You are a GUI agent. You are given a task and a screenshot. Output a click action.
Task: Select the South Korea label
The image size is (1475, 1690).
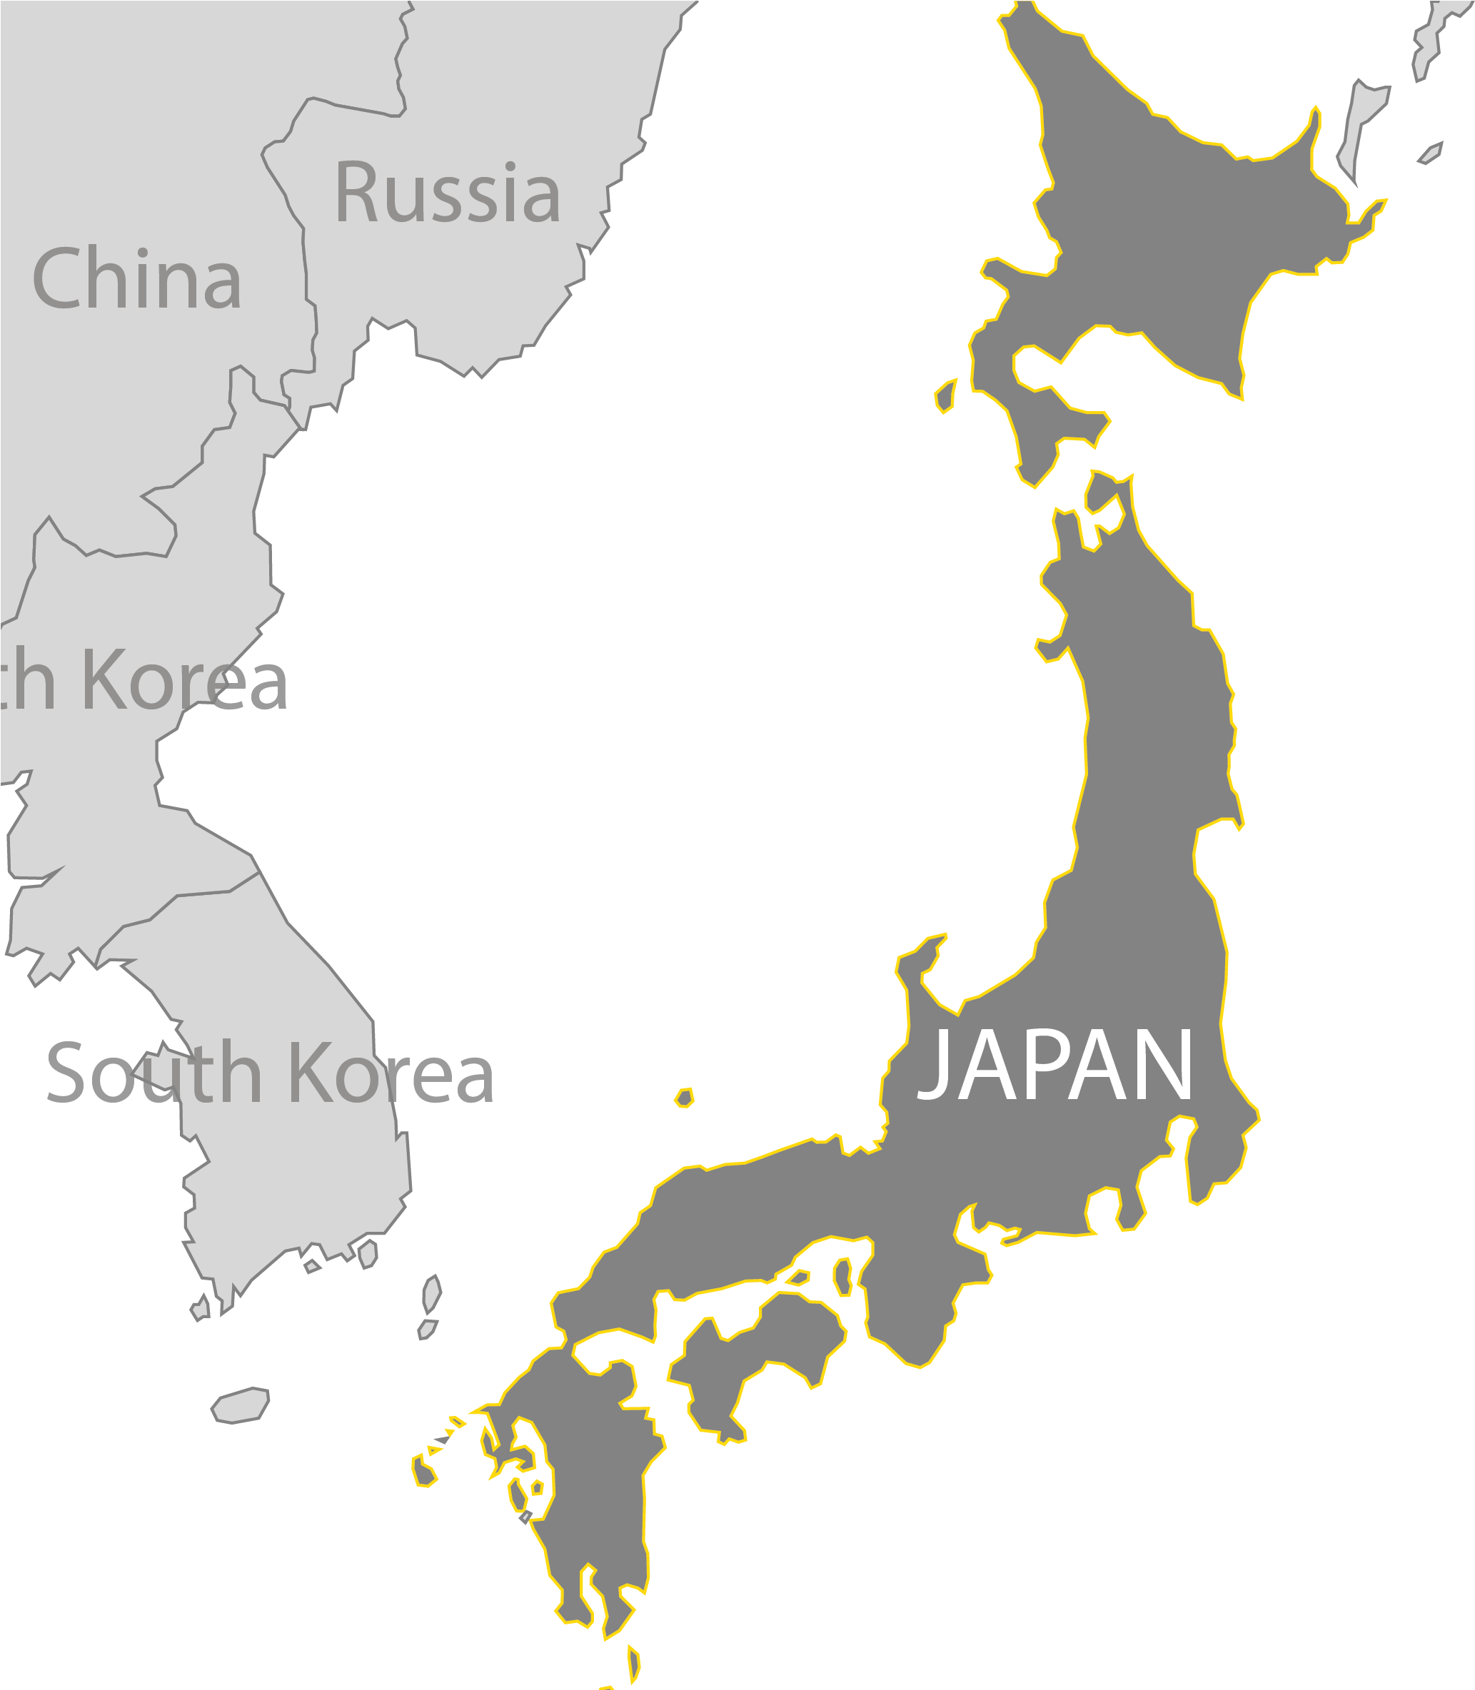click(x=270, y=1073)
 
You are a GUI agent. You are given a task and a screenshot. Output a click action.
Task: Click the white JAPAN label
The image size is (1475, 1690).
click(x=1055, y=1066)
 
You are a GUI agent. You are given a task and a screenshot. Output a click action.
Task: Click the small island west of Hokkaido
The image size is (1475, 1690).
click(x=947, y=395)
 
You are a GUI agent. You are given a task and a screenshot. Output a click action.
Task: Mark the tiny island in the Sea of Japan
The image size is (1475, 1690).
click(x=684, y=1098)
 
